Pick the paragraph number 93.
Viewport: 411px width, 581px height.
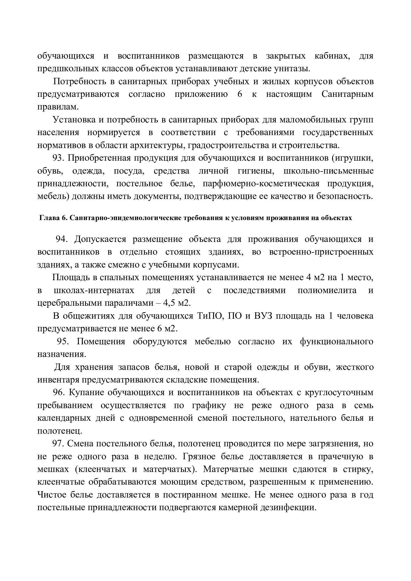[57, 158]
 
